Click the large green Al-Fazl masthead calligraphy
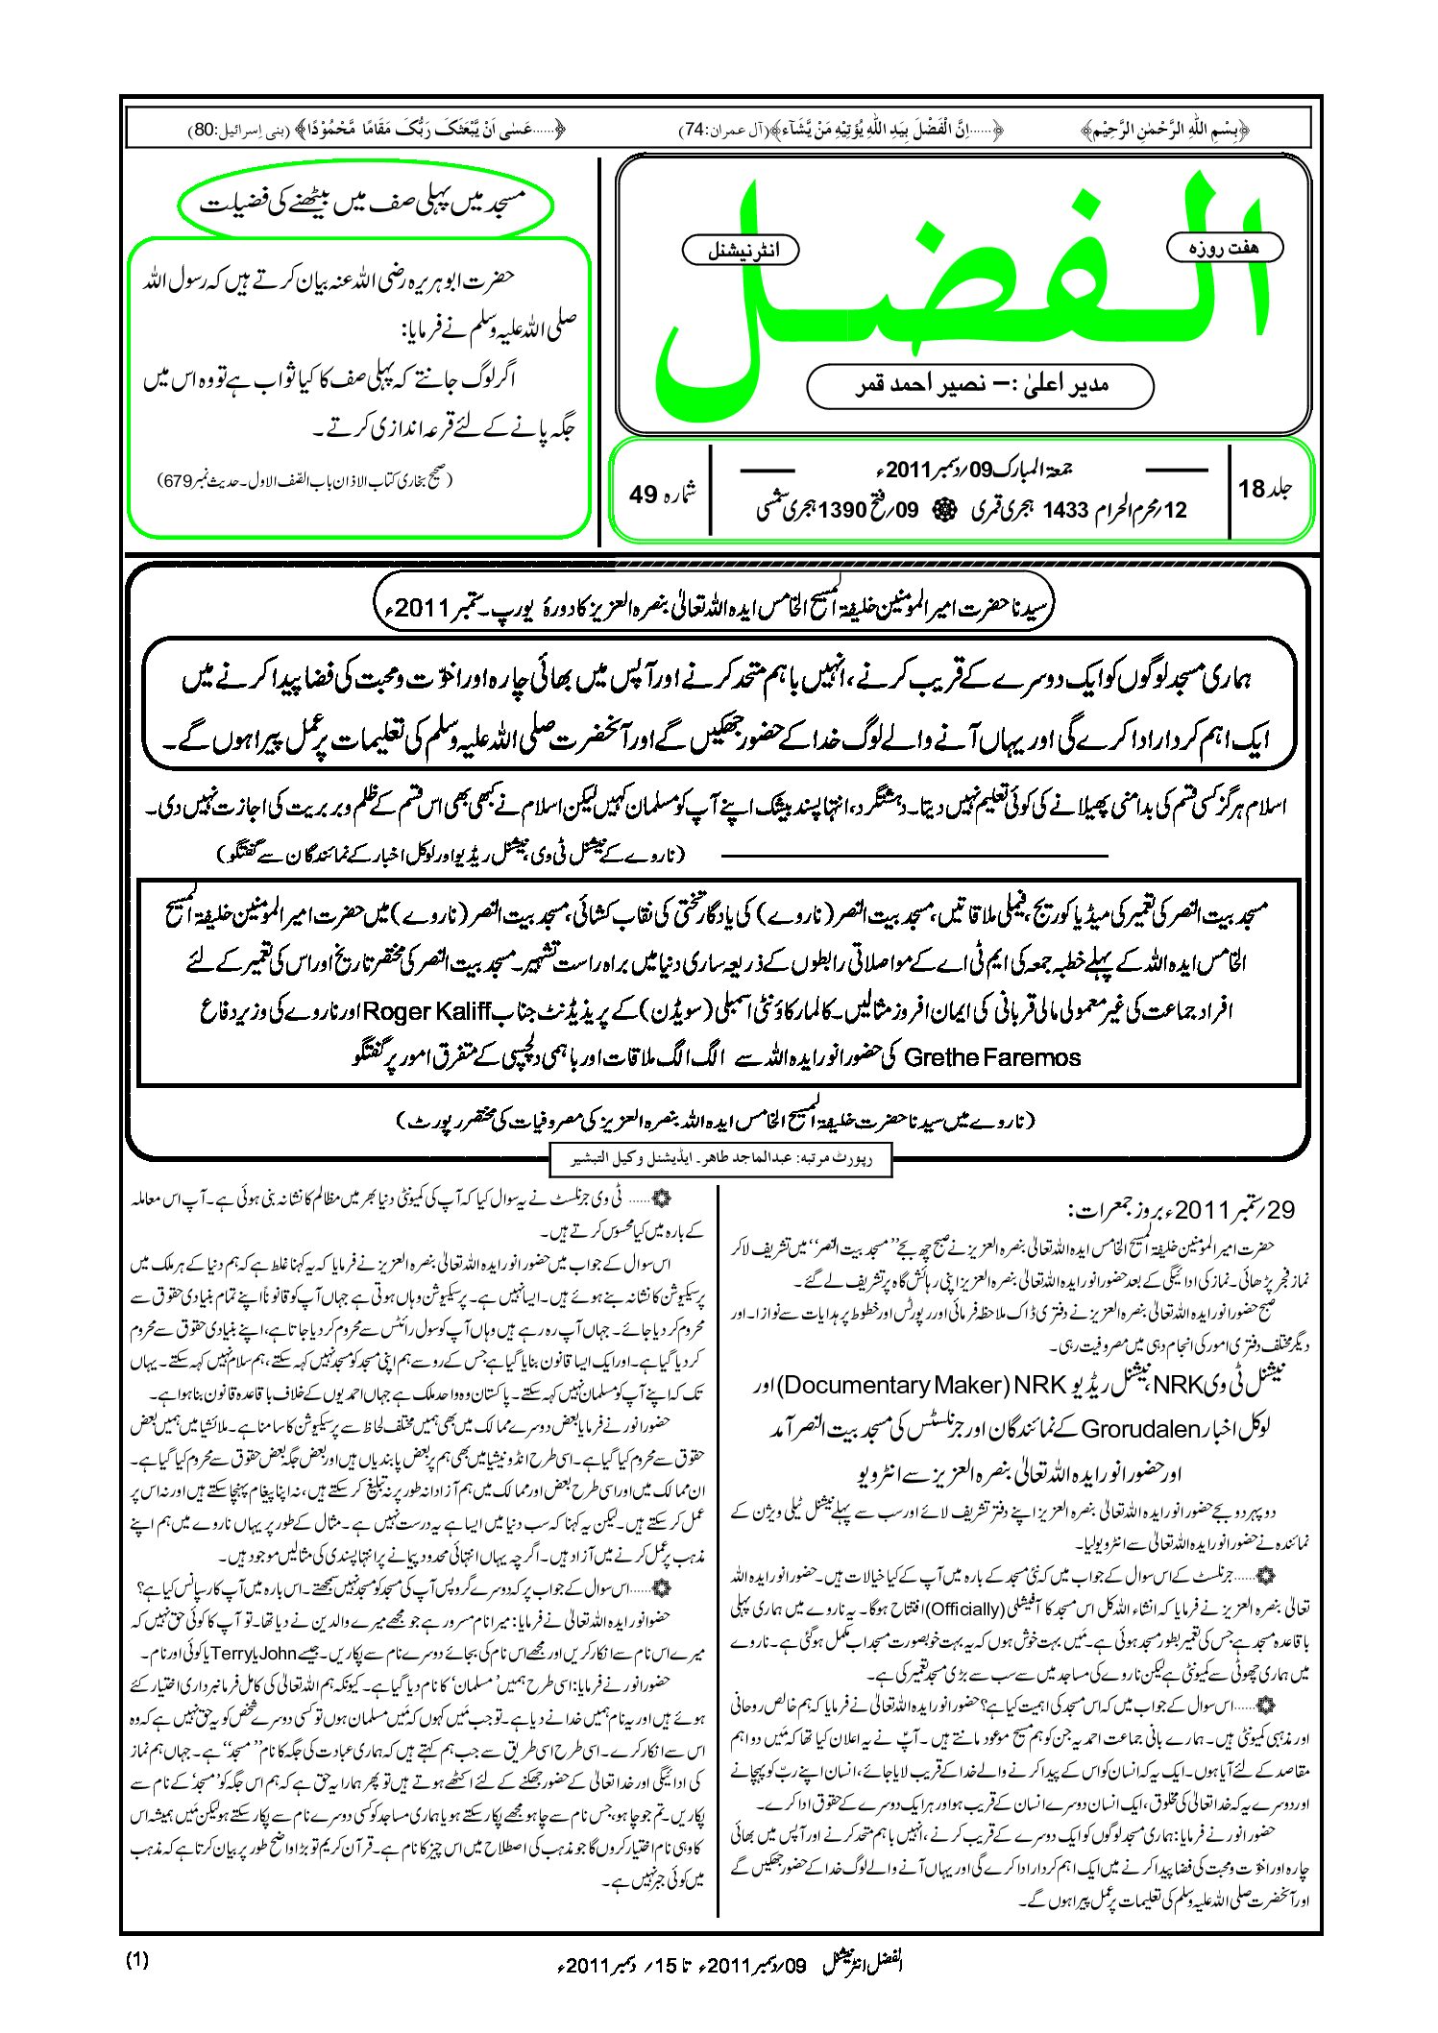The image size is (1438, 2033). click(x=961, y=288)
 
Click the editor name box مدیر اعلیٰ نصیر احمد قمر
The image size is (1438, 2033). click(x=980, y=385)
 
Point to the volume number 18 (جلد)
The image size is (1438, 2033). click(x=1252, y=489)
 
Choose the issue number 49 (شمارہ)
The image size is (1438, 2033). click(x=643, y=494)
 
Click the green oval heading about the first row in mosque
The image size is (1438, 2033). click(x=365, y=205)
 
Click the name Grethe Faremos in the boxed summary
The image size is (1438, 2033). click(x=992, y=1057)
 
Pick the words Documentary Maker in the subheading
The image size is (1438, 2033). click(x=911, y=1385)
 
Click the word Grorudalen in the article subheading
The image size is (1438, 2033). click(x=1141, y=1428)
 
